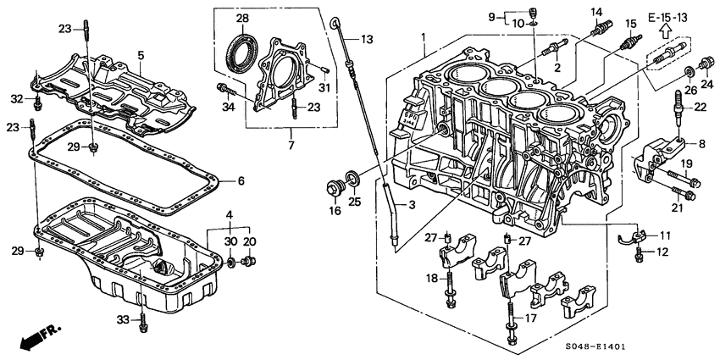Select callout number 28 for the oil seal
tap(241, 19)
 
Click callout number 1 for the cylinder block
tap(424, 36)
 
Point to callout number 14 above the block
tap(597, 12)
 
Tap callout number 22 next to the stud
tap(700, 106)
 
